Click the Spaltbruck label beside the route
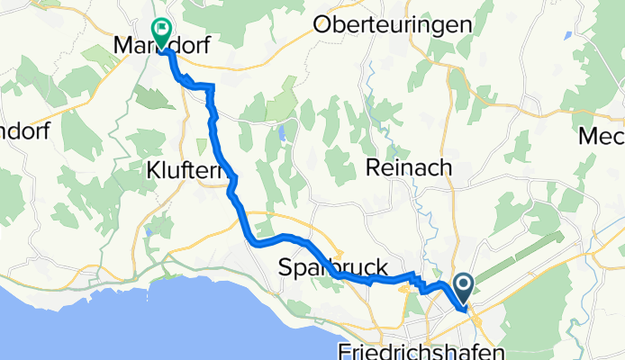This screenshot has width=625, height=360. point(333,267)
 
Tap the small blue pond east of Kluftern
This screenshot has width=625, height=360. point(281,135)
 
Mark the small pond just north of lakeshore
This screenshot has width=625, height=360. point(149,232)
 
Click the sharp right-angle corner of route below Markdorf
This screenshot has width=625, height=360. point(213,85)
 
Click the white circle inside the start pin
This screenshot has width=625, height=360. point(465,286)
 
